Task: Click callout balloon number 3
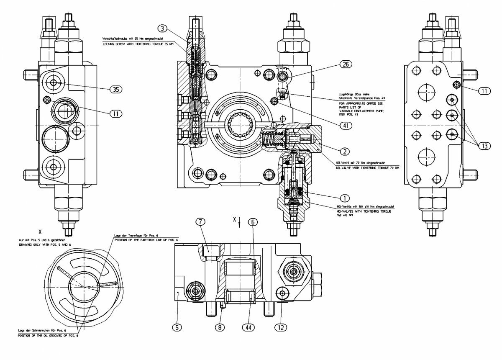pyautogui.click(x=163, y=28)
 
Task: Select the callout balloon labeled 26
pyautogui.click(x=346, y=64)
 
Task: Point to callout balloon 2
pyautogui.click(x=345, y=151)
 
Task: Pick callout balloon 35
pyautogui.click(x=116, y=89)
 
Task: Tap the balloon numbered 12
pyautogui.click(x=281, y=327)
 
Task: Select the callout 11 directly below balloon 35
pyautogui.click(x=116, y=113)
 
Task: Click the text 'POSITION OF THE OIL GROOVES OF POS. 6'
pyautogui.click(x=48, y=336)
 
